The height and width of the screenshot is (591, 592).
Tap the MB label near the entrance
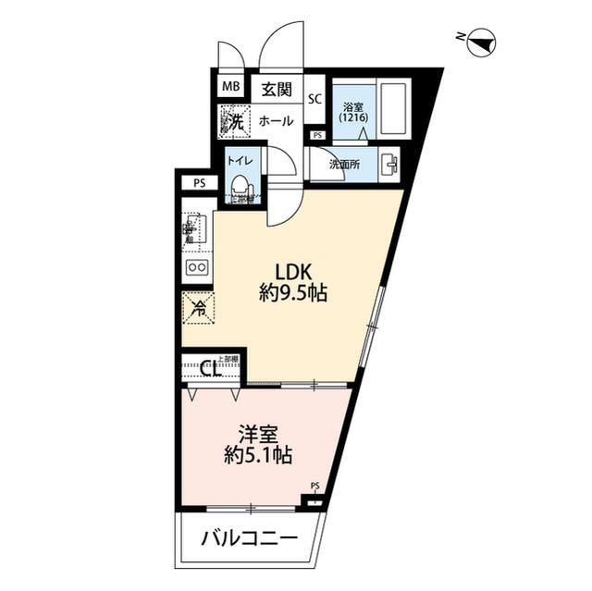228,90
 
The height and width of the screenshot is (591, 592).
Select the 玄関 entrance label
276,90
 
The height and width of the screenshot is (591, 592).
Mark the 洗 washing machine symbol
232,121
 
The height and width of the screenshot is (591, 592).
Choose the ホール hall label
276,121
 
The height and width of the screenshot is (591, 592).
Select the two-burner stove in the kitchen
197,267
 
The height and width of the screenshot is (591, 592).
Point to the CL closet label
210,370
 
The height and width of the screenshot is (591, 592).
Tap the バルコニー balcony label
250,537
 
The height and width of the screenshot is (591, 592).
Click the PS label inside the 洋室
314,486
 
